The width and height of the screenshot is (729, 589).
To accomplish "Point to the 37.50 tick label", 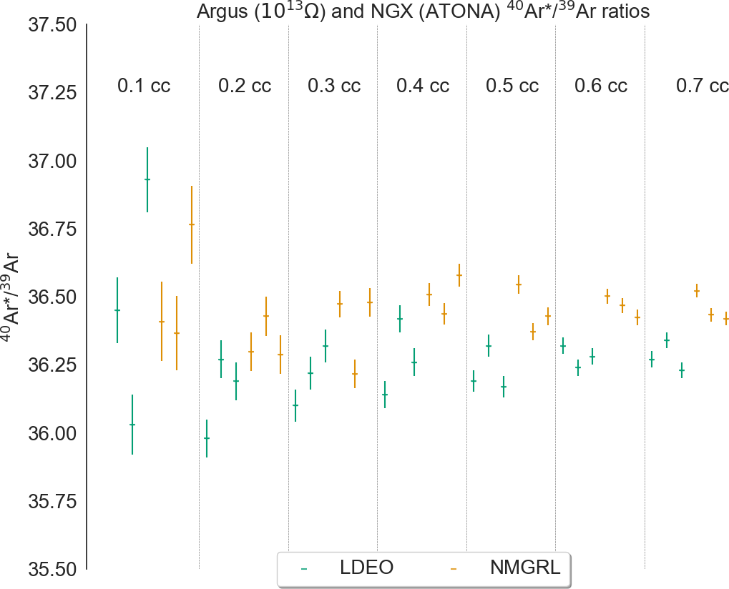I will pyautogui.click(x=52, y=25).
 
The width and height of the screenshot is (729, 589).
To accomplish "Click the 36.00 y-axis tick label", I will pyautogui.click(x=52, y=434).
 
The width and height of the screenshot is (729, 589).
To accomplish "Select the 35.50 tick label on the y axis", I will pyautogui.click(x=52, y=570).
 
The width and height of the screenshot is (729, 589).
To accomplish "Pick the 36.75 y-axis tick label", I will pyautogui.click(x=52, y=229).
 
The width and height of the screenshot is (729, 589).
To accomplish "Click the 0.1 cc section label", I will pyautogui.click(x=144, y=86).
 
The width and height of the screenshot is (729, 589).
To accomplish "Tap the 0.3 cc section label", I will pyautogui.click(x=334, y=86).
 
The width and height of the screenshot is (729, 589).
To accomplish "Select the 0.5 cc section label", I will pyautogui.click(x=512, y=86).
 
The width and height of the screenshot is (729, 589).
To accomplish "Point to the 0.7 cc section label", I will pyautogui.click(x=703, y=86).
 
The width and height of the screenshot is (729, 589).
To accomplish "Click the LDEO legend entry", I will pyautogui.click(x=367, y=568).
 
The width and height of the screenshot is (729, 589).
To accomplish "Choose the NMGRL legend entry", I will pyautogui.click(x=524, y=568).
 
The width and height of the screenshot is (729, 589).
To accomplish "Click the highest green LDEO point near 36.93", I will pyautogui.click(x=147, y=179).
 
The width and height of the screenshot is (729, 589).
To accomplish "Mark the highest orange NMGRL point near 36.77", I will pyautogui.click(x=192, y=224).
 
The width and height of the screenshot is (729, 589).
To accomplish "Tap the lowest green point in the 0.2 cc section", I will pyautogui.click(x=207, y=438).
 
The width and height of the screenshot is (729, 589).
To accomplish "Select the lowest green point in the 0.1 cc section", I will pyautogui.click(x=132, y=425).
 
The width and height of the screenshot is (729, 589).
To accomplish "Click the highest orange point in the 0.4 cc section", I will pyautogui.click(x=459, y=275).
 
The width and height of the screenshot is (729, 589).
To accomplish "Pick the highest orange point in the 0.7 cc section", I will pyautogui.click(x=696, y=290).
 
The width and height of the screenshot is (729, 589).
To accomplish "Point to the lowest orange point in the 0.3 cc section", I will pyautogui.click(x=355, y=374).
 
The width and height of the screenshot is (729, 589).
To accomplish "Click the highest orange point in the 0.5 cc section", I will pyautogui.click(x=519, y=284).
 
